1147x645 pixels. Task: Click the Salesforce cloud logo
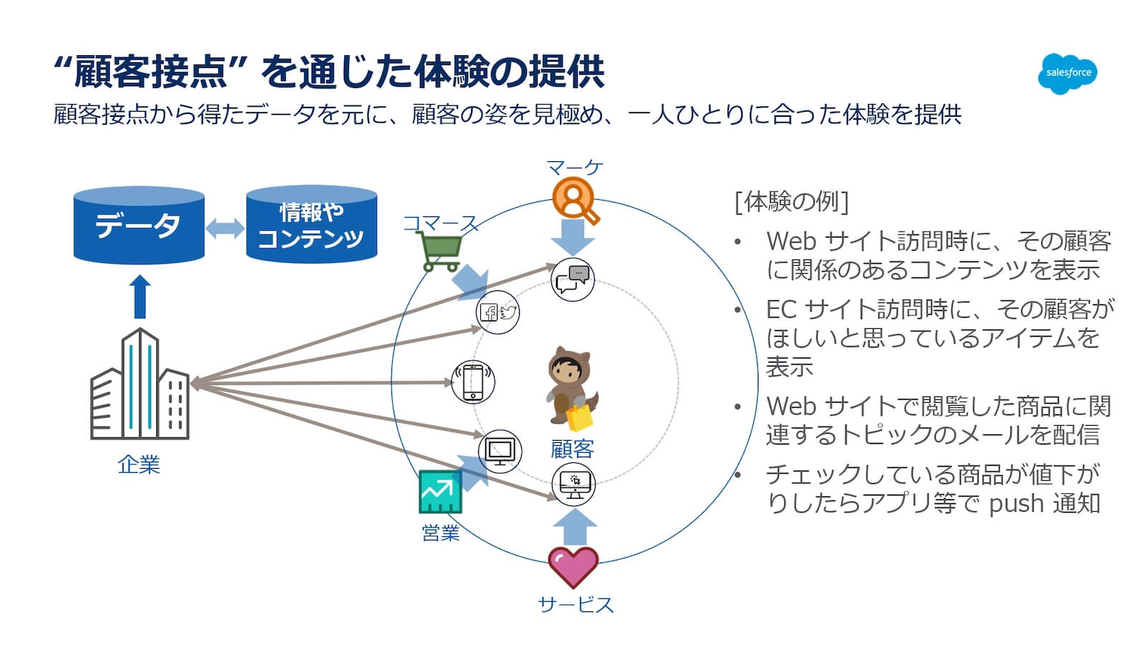[x=1067, y=73]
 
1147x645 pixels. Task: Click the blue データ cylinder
[x=139, y=225]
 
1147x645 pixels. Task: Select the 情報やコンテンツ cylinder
[x=311, y=225]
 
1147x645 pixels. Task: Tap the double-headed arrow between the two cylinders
[x=225, y=229]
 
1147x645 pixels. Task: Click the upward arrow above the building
[x=141, y=297]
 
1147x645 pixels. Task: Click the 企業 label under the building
[x=138, y=464]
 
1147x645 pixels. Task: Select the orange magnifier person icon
[x=575, y=200]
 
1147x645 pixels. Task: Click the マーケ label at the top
[x=574, y=168]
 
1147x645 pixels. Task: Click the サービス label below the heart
[x=576, y=604]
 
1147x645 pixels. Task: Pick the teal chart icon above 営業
[x=440, y=492]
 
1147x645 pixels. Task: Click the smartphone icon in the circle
[x=473, y=382]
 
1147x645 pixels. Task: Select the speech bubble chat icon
[x=572, y=279]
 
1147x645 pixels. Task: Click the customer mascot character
[x=571, y=388]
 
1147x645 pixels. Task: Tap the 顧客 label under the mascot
[x=572, y=449]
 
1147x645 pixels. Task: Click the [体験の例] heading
[x=791, y=201]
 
